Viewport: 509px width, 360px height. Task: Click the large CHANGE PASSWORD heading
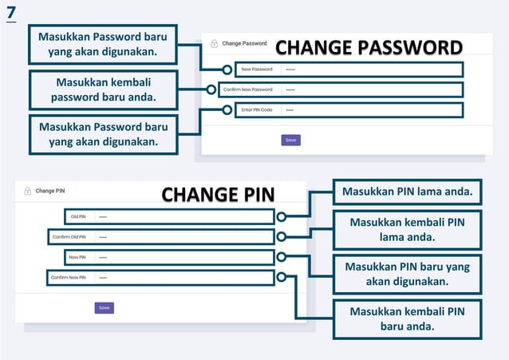369,47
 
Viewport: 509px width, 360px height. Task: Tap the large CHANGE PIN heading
218,195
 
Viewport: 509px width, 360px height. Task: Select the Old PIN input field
183,216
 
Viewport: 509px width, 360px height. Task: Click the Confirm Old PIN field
183,237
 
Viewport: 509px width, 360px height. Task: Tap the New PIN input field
183,257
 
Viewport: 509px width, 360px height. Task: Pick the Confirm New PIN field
183,278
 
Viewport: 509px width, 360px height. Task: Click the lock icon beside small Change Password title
214,43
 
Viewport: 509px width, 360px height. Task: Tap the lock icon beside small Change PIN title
28,191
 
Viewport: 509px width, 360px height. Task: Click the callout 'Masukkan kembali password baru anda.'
103,90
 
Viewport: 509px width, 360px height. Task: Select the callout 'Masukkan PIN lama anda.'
407,192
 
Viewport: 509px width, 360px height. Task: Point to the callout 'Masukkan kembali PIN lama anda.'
407,229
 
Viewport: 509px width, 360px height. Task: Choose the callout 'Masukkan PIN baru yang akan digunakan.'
407,274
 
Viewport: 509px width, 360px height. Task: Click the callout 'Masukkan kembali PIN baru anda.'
407,318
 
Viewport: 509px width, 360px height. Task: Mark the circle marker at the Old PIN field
282,216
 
